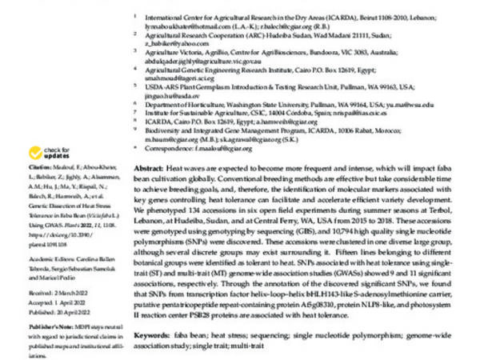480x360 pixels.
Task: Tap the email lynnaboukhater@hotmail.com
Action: [x=185, y=26]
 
